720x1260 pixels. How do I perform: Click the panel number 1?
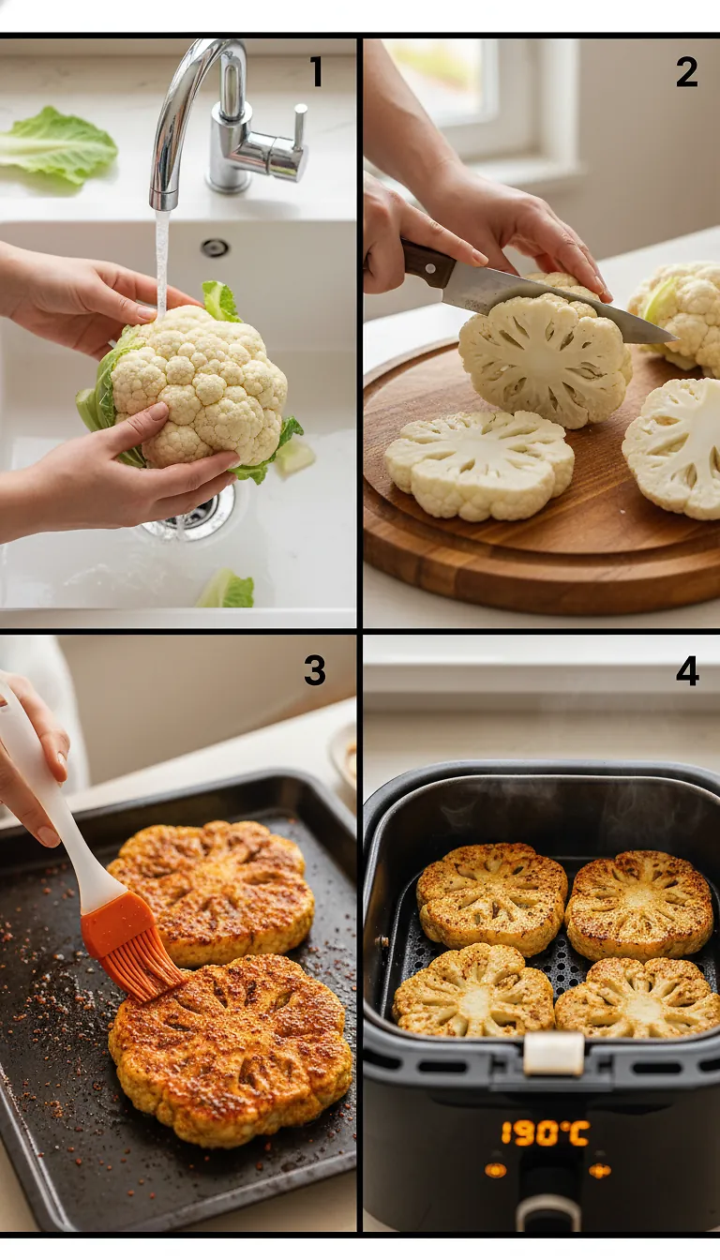click(316, 72)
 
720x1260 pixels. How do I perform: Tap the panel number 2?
click(686, 72)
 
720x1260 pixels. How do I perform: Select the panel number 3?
click(314, 670)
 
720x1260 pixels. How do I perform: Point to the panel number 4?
click(687, 670)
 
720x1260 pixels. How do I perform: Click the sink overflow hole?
click(215, 247)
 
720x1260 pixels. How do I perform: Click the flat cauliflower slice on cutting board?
click(479, 463)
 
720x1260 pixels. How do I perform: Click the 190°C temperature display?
click(545, 1133)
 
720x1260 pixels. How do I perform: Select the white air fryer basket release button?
click(553, 1054)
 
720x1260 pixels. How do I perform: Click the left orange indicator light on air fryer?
click(495, 1169)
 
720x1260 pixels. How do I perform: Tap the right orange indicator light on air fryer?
click(599, 1170)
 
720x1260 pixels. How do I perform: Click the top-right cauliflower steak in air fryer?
click(639, 905)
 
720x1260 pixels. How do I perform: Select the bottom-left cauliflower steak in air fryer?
click(473, 989)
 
